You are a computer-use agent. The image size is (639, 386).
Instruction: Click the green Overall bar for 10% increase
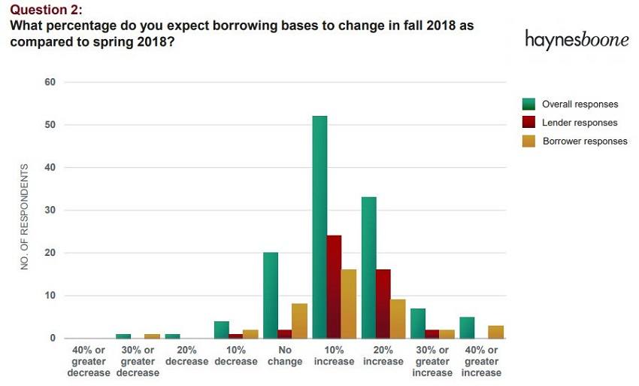pyautogui.click(x=319, y=226)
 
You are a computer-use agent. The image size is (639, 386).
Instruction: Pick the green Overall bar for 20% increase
pyautogui.click(x=368, y=267)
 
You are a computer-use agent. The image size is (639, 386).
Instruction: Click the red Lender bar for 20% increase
pyautogui.click(x=383, y=303)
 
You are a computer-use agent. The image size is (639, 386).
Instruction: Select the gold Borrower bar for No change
pyautogui.click(x=300, y=321)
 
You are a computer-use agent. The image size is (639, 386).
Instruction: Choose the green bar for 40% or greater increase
pyautogui.click(x=467, y=327)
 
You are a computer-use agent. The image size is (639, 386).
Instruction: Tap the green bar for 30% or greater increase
pyautogui.click(x=418, y=323)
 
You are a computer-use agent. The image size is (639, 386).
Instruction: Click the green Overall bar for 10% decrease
pyautogui.click(x=221, y=330)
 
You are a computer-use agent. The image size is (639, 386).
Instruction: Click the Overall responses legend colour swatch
pyautogui.click(x=529, y=105)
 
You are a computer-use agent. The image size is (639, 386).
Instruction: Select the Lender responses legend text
pyautogui.click(x=580, y=123)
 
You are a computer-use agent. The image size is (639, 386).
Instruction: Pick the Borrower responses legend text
pyautogui.click(x=585, y=141)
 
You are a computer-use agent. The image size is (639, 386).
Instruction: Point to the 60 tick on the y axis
pyautogui.click(x=50, y=82)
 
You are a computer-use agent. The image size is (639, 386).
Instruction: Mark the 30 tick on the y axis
pyautogui.click(x=50, y=210)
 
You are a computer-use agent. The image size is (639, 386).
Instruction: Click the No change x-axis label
pyautogui.click(x=286, y=356)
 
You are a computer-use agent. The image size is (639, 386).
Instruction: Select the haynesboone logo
pyautogui.click(x=577, y=40)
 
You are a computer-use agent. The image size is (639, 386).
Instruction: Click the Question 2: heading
pyautogui.click(x=46, y=10)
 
